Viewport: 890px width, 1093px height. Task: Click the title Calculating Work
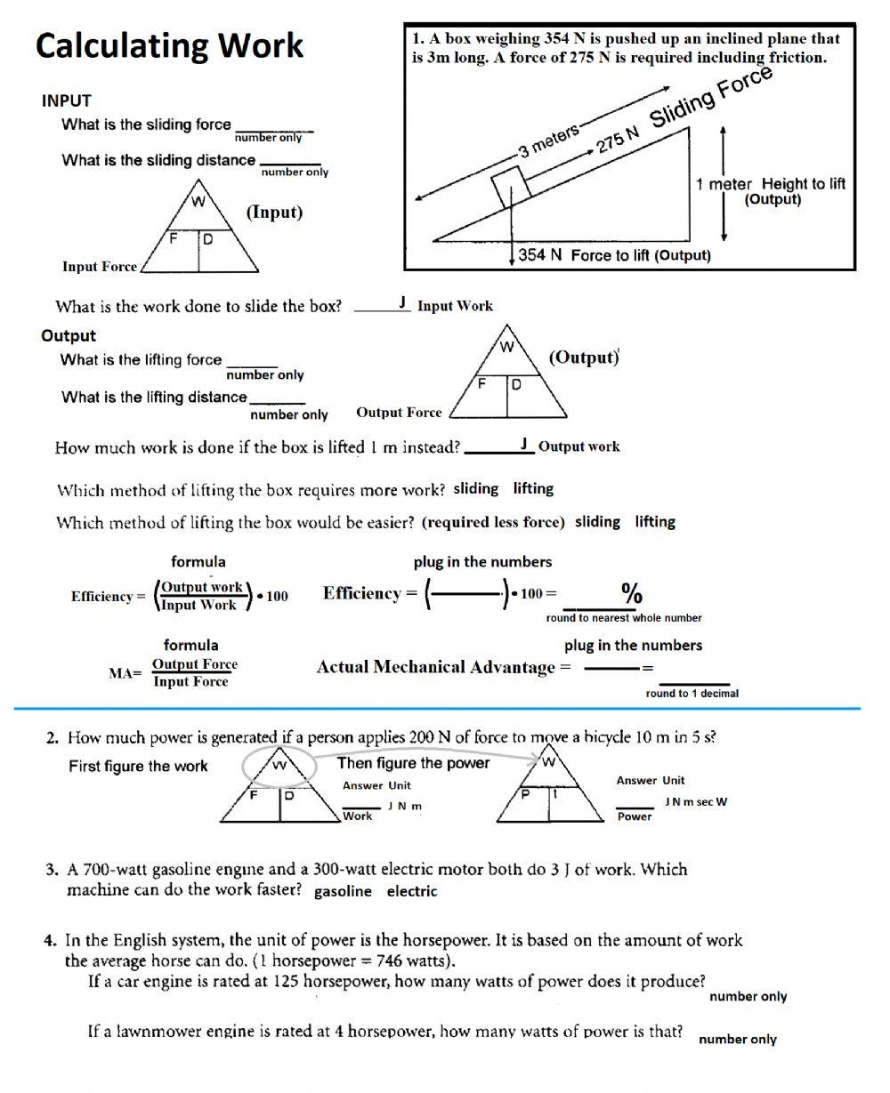pyautogui.click(x=169, y=45)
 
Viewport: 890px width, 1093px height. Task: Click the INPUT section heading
pyautogui.click(x=66, y=100)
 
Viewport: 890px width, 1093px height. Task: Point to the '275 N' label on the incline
pyautogui.click(x=618, y=141)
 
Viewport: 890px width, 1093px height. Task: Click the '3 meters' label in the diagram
pyautogui.click(x=549, y=141)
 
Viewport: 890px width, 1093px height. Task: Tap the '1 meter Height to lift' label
pyautogui.click(x=770, y=184)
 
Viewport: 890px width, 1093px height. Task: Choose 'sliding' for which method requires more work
pyautogui.click(x=476, y=488)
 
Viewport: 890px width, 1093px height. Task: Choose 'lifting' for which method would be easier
pyautogui.click(x=655, y=521)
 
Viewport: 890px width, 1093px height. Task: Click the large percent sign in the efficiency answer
pyautogui.click(x=632, y=592)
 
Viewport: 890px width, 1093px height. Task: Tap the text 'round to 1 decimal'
pyautogui.click(x=692, y=693)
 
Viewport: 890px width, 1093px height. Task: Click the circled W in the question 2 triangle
pyautogui.click(x=279, y=764)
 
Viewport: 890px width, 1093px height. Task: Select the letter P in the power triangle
pyautogui.click(x=525, y=795)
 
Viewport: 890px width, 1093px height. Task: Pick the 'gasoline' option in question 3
pyautogui.click(x=343, y=891)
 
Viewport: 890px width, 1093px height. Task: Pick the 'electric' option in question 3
pyautogui.click(x=411, y=891)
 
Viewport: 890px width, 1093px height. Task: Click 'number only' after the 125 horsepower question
pyautogui.click(x=748, y=996)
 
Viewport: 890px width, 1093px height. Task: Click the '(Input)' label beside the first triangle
pyautogui.click(x=274, y=213)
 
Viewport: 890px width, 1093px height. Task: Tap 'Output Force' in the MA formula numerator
pyautogui.click(x=195, y=664)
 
